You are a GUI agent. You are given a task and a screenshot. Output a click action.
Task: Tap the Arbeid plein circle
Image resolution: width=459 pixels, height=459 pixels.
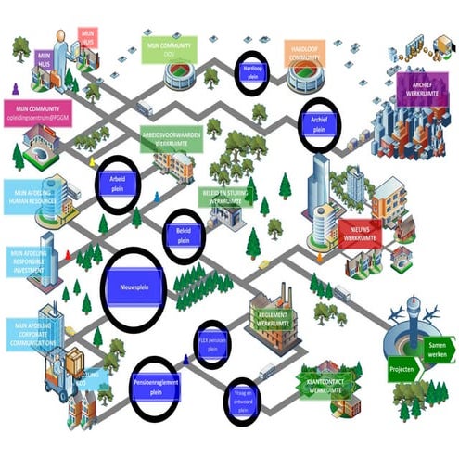tap(117, 183)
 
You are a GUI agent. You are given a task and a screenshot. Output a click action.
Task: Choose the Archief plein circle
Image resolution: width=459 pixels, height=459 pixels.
tap(318, 124)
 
